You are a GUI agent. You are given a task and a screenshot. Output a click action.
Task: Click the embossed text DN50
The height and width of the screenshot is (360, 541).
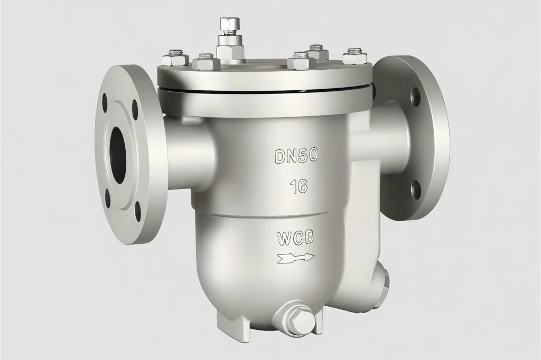296,156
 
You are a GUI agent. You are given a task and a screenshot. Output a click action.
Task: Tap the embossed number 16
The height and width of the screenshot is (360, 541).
299,187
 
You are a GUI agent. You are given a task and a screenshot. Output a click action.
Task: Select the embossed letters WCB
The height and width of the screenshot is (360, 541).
295,239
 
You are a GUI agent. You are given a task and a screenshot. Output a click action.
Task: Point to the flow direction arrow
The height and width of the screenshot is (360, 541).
295,258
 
